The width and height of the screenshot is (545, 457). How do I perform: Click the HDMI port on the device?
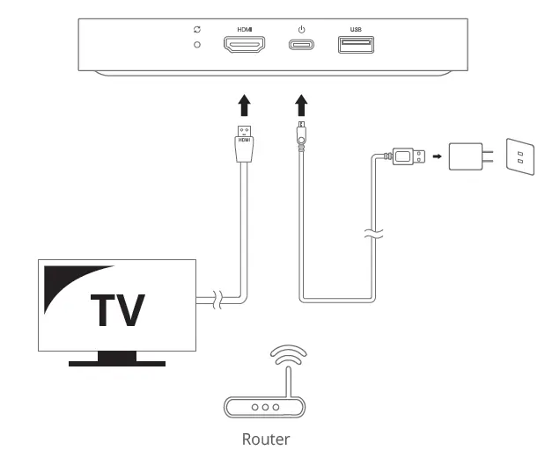244,46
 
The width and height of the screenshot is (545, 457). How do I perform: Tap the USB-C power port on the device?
302,45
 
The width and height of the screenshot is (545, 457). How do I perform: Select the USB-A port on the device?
356,45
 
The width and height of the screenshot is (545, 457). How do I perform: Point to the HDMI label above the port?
244,29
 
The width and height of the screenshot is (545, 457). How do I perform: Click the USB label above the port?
356,29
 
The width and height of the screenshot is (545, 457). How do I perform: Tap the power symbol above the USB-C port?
302,29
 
